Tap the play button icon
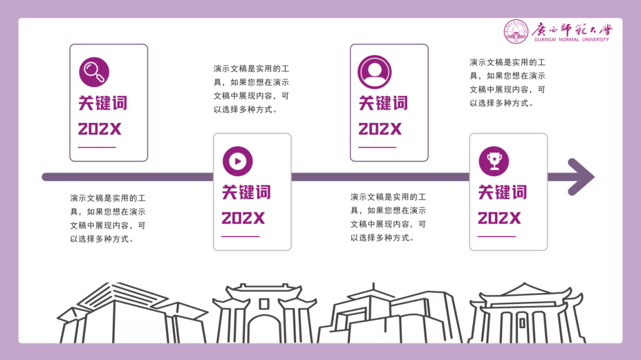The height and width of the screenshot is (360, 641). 237,161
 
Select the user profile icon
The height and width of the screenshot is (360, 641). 375,72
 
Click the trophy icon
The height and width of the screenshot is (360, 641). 494,161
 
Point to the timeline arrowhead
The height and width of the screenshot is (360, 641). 582,177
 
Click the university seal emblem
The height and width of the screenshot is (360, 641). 516,31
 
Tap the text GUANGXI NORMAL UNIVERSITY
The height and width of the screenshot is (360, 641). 572,40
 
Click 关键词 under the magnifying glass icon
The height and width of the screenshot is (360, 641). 103,103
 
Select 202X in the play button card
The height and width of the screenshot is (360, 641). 243,218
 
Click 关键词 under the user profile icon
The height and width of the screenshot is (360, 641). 383,103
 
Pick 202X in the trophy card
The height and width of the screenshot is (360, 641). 499,218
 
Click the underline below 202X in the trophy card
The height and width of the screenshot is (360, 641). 497,237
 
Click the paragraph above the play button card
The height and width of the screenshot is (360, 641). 252,89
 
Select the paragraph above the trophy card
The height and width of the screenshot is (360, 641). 507,82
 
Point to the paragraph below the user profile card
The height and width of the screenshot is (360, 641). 388,217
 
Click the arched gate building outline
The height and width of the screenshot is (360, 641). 264,314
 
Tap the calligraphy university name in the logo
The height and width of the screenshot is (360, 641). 572,29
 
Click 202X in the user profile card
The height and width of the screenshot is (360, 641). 380,129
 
